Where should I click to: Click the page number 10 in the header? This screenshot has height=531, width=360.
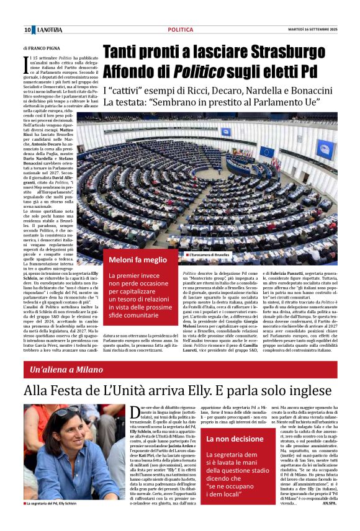click(27, 30)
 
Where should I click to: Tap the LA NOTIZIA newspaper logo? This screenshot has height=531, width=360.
click(49, 30)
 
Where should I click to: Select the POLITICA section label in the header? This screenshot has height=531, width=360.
click(181, 30)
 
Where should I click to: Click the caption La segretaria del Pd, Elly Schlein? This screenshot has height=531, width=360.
click(56, 521)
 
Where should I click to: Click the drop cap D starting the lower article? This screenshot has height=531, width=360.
click(142, 413)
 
